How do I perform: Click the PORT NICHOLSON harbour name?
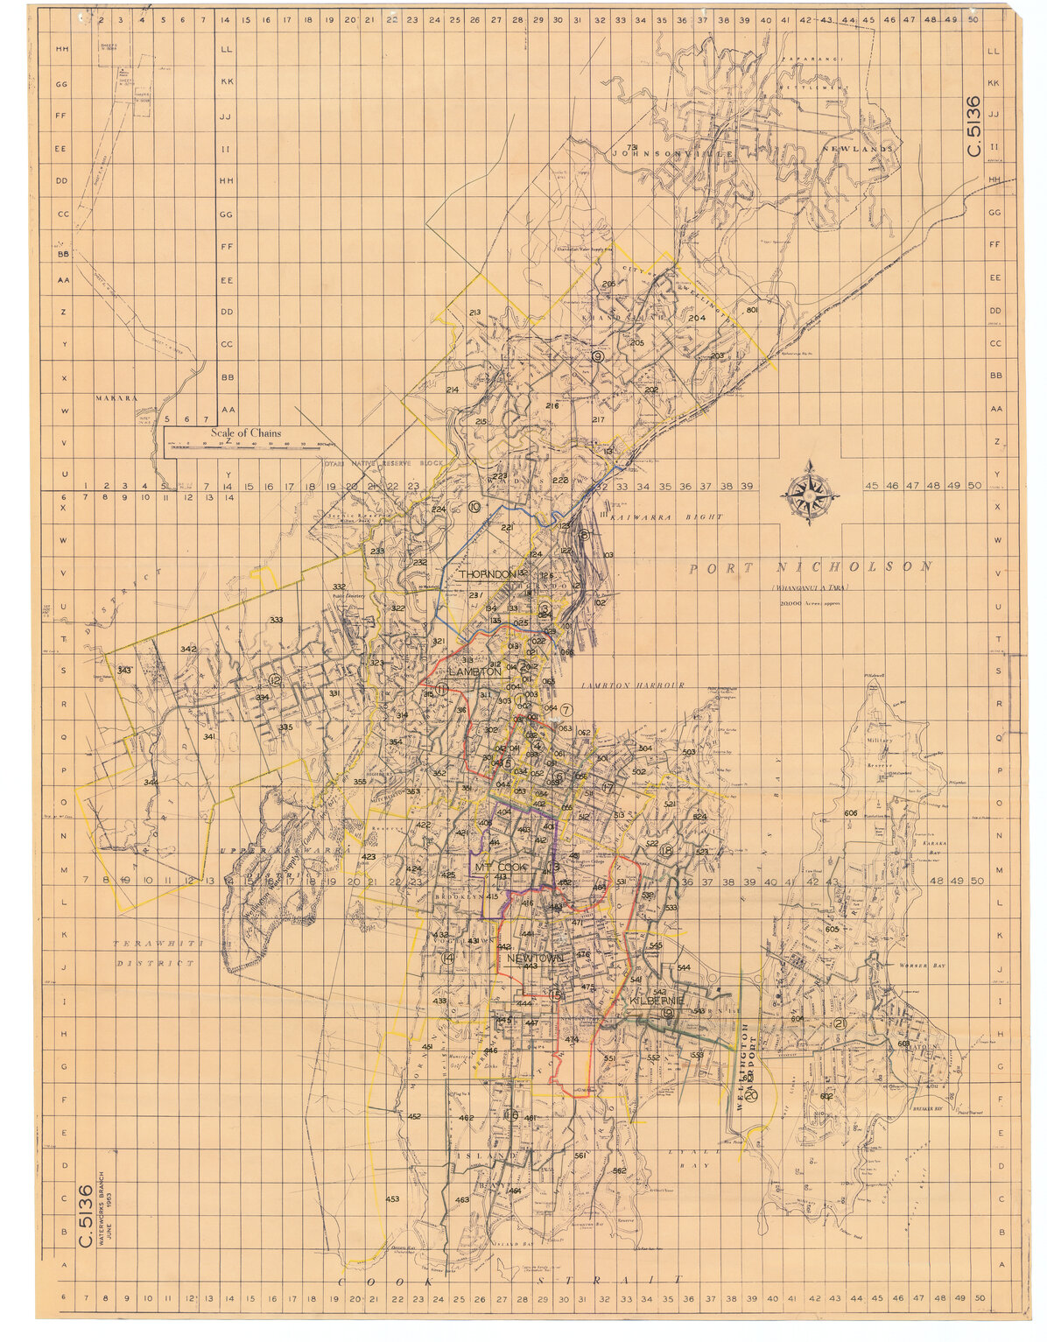pyautogui.click(x=811, y=568)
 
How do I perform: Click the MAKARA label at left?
pyautogui.click(x=117, y=397)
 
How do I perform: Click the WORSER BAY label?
pyautogui.click(x=917, y=966)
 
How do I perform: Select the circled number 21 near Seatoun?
pyautogui.click(x=840, y=1024)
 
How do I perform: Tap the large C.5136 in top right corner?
pyautogui.click(x=973, y=127)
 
